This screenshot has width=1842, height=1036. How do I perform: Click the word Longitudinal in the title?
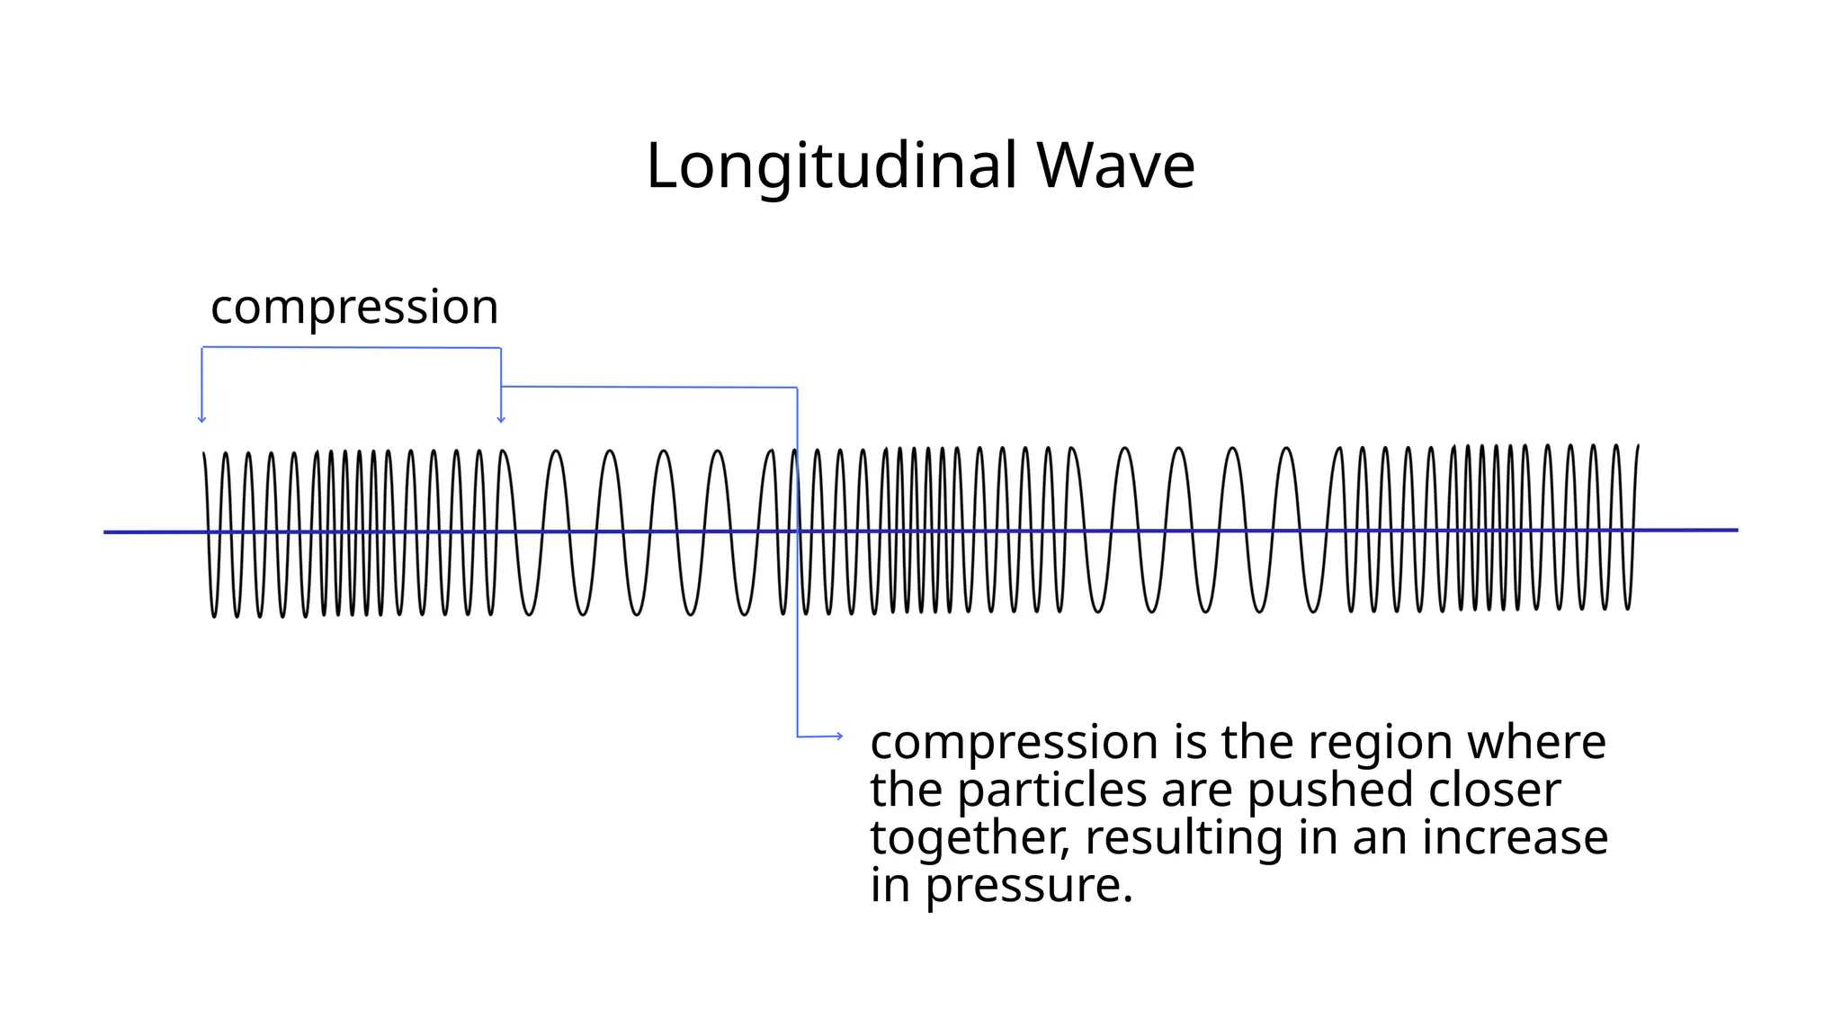pos(832,166)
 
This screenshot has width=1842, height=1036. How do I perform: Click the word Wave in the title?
pos(1115,166)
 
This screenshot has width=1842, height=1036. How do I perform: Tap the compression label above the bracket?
pos(354,308)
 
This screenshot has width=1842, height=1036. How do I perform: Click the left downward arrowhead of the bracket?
pos(201,418)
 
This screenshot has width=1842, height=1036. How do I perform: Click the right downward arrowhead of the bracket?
pos(501,418)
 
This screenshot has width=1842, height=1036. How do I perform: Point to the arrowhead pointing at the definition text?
pos(839,736)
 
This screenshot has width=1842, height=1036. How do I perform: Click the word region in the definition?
pos(1381,743)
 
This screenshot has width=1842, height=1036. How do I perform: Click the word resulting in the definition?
pos(1184,838)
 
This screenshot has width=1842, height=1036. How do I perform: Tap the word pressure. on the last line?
pos(1029,886)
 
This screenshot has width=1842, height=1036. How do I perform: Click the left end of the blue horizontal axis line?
pos(107,532)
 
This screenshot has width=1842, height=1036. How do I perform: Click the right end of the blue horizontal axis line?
pos(1735,530)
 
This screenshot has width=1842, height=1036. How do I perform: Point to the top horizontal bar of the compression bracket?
pos(351,347)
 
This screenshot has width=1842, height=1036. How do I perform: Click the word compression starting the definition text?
pos(1014,743)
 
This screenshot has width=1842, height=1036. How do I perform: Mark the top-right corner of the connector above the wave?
pos(797,388)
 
